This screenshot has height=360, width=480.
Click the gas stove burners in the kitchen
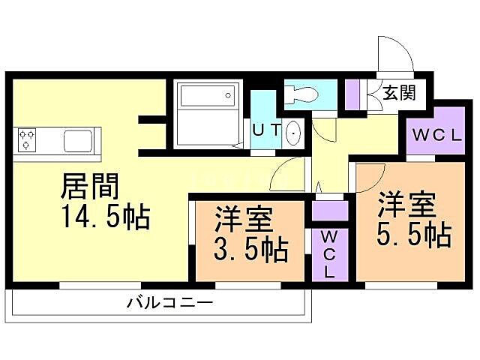(28, 139)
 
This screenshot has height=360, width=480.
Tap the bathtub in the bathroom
(205, 98)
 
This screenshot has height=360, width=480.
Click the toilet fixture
(303, 94)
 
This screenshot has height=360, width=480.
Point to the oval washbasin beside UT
(292, 133)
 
